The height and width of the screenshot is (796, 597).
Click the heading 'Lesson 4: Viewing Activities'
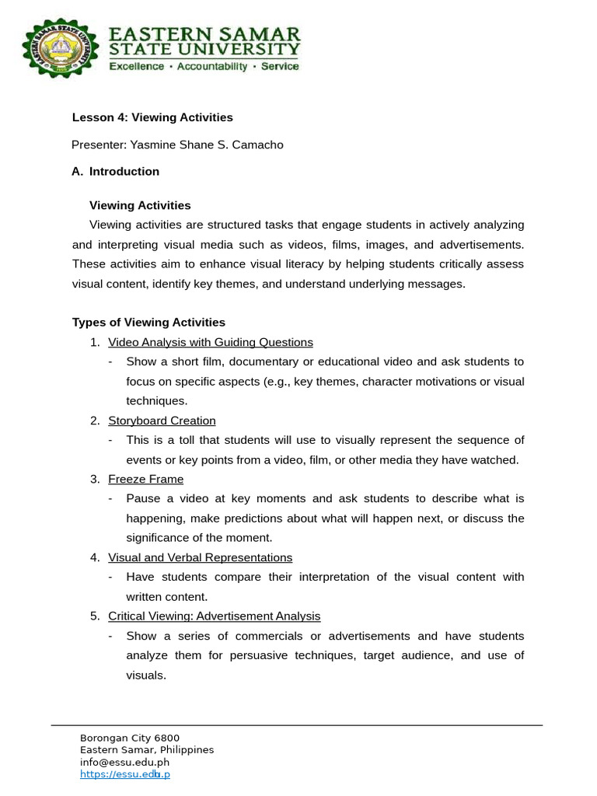(x=152, y=117)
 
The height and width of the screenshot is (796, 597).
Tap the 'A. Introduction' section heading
(x=115, y=171)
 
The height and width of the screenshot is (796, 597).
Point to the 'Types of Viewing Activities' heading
(x=148, y=322)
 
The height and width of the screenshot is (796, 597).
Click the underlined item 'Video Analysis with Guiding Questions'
(x=210, y=342)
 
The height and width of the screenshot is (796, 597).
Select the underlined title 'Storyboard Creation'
(x=162, y=421)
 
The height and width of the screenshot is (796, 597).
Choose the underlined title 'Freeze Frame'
(x=145, y=479)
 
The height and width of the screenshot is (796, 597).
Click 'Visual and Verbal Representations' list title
(x=200, y=557)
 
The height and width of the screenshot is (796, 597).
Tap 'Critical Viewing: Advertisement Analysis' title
(x=214, y=616)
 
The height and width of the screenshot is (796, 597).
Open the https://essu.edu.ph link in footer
(x=124, y=774)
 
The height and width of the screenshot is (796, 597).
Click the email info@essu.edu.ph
(x=124, y=762)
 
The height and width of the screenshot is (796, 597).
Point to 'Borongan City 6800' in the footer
(x=129, y=738)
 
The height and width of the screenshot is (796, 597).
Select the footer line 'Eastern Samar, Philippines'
(x=146, y=750)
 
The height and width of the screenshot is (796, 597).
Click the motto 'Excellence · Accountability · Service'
(x=203, y=67)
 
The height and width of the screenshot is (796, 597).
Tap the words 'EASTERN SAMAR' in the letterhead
(x=204, y=35)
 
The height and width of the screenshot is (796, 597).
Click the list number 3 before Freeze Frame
(x=94, y=479)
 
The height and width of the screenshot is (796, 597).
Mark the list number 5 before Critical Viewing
(x=94, y=616)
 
